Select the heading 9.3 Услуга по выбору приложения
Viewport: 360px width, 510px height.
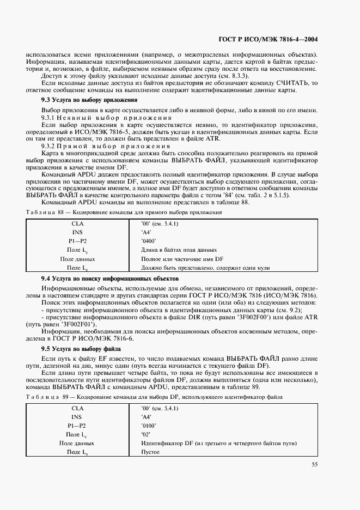click(89, 100)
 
